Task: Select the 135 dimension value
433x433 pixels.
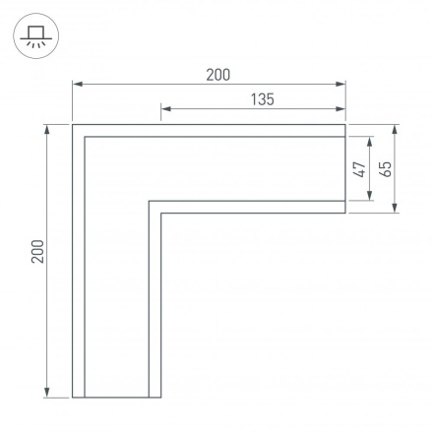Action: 262,98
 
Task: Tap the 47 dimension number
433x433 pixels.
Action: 360,168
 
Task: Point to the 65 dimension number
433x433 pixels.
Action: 386,168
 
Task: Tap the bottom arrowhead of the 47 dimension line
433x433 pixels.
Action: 370,199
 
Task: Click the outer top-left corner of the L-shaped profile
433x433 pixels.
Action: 73,125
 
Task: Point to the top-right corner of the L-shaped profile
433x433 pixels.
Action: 346,125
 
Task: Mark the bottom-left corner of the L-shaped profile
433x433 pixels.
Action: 73,398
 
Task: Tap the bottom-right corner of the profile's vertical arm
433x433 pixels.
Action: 161,398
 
